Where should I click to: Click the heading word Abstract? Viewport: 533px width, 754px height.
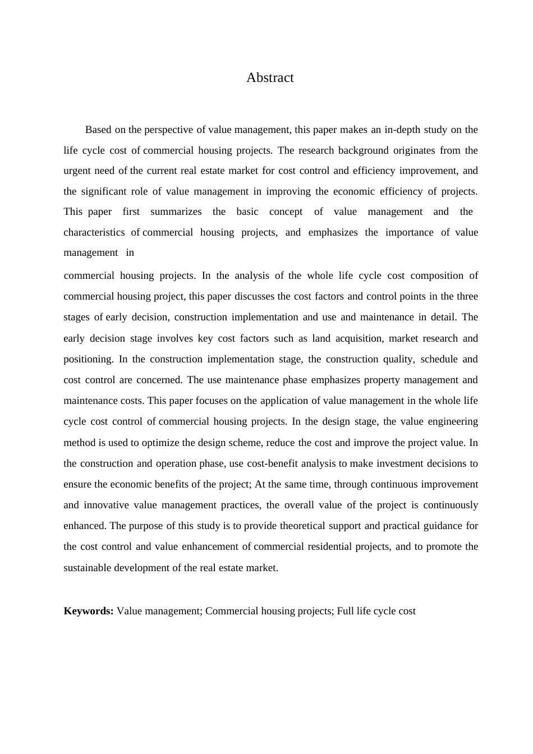point(270,77)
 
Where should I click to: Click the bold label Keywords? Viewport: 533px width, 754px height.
point(89,611)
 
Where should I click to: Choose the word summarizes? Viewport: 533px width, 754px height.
point(176,212)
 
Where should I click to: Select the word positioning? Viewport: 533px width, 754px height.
point(88,359)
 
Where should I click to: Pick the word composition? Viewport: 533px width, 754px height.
point(437,275)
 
